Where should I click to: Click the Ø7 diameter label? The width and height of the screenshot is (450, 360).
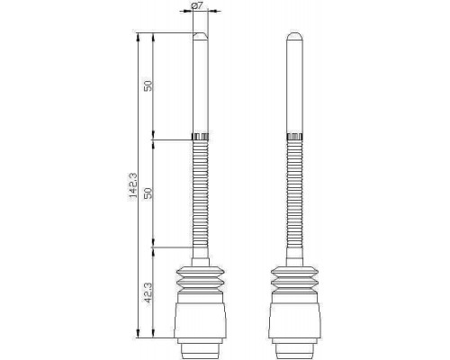tap(196, 5)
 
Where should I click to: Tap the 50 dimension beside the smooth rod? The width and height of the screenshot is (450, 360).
tap(148, 85)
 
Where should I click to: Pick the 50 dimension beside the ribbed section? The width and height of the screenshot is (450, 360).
tap(148, 193)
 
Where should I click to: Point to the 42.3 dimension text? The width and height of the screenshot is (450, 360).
tap(148, 292)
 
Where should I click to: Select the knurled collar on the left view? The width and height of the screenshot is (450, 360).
tap(200, 137)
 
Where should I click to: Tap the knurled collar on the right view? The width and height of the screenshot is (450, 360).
tap(294, 137)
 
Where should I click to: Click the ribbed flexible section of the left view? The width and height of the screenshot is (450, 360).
tap(200, 193)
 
